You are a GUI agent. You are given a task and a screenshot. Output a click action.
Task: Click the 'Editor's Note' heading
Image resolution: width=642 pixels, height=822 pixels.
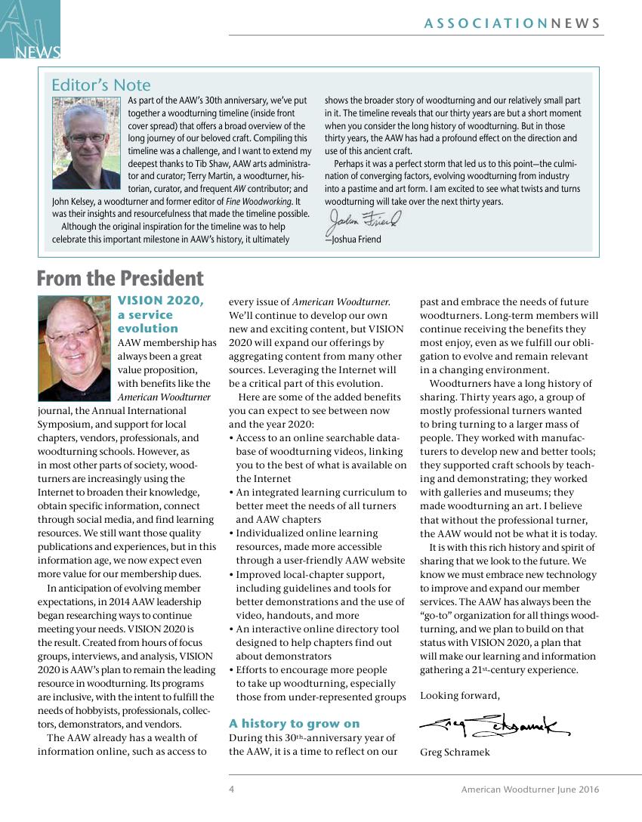click(100, 85)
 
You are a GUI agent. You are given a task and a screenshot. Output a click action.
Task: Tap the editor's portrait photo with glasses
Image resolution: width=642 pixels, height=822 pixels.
click(87, 134)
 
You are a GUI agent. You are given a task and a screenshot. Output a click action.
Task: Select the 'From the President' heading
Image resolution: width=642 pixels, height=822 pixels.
click(120, 279)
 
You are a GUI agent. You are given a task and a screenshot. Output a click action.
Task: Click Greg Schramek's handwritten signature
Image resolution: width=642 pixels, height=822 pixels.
click(494, 727)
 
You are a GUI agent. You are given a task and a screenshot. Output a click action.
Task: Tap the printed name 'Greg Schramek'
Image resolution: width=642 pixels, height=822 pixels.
click(455, 752)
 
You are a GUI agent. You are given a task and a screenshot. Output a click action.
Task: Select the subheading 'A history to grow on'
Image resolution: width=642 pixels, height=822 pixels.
click(294, 723)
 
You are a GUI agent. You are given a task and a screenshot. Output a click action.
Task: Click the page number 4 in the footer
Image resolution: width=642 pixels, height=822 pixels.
click(232, 790)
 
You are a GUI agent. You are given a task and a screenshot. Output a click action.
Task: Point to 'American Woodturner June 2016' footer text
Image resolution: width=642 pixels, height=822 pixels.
click(530, 790)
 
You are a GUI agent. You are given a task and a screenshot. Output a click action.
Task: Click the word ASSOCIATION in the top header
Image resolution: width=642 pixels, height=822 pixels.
click(486, 23)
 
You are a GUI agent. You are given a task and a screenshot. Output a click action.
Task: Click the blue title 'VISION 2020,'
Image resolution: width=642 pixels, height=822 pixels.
click(161, 301)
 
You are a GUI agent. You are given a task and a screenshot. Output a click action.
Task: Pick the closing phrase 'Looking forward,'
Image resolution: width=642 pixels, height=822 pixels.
click(459, 695)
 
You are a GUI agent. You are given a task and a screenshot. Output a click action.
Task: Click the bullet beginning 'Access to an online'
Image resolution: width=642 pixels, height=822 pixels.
click(317, 437)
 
